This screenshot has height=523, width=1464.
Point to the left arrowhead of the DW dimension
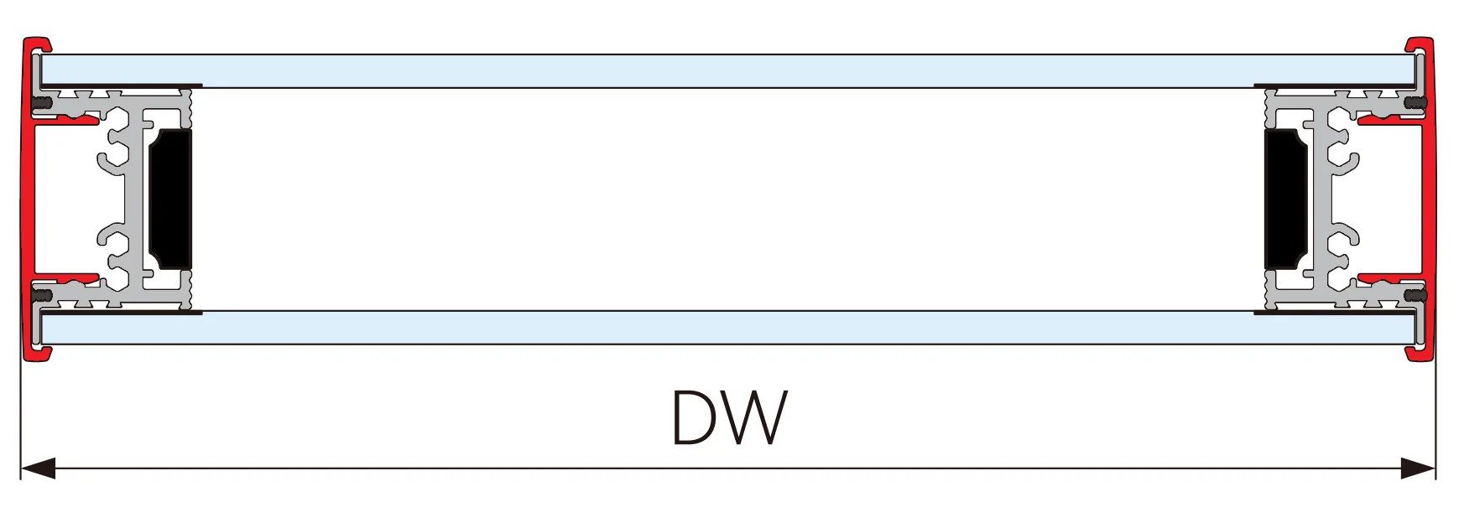click(38, 468)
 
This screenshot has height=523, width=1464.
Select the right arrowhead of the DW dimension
click(1418, 468)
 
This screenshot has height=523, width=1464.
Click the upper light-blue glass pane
click(728, 70)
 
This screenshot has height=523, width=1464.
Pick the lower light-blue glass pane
click(728, 327)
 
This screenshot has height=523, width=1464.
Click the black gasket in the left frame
click(170, 199)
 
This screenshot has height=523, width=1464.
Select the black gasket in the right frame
click(1286, 199)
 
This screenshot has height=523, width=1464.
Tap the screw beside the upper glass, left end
click(42, 103)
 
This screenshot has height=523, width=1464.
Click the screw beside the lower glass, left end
click(42, 294)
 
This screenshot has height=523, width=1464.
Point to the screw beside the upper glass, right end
click(1415, 103)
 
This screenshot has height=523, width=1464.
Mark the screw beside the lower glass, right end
click(1415, 294)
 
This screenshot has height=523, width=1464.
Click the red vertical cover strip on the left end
click(27, 199)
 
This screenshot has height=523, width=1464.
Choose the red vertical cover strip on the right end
click(1430, 199)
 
